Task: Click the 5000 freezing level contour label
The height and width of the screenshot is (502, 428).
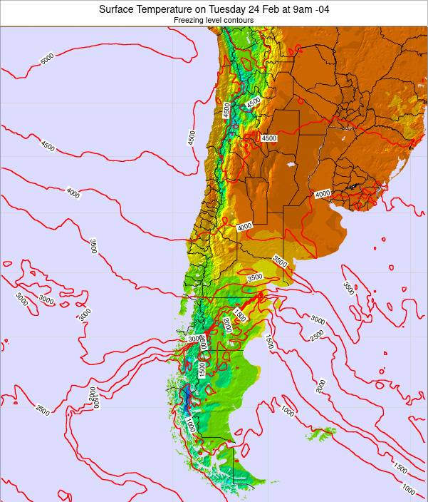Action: pos(48,60)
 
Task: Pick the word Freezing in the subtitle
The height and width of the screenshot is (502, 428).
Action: pos(189,20)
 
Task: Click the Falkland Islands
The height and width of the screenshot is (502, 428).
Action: pos(320,433)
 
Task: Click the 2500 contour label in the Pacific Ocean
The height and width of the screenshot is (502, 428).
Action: pos(42,410)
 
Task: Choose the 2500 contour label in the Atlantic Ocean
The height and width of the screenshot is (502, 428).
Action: pos(318,334)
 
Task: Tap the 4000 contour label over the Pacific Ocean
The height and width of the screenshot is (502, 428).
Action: pos(73,192)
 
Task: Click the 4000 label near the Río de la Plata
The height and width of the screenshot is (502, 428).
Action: pos(323,194)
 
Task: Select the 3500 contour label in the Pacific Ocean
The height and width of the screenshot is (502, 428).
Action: pos(93,246)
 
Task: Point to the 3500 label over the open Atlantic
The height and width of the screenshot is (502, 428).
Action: pos(348,288)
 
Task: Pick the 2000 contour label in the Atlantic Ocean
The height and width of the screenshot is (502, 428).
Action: pos(320,386)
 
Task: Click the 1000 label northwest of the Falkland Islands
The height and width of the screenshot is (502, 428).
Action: pos(287,411)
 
